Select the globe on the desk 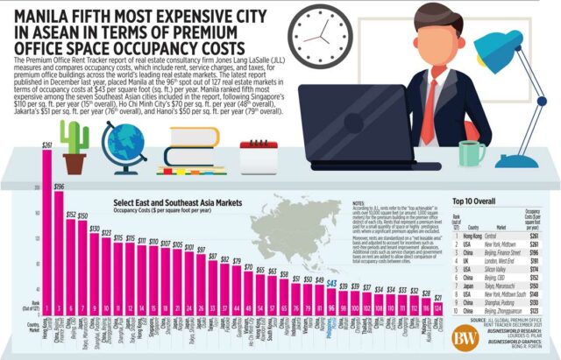pyautogui.click(x=124, y=145)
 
